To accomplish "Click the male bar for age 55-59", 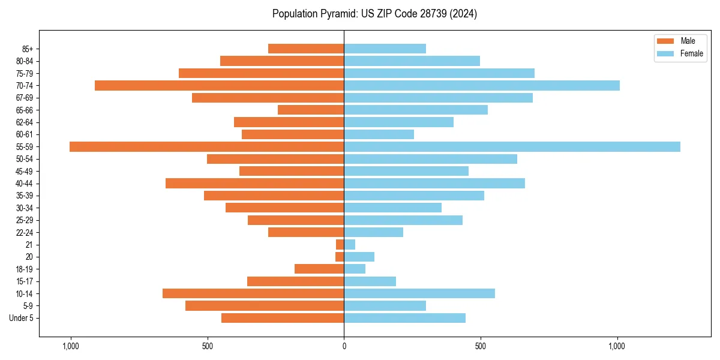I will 206,147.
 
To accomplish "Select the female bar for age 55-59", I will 512,147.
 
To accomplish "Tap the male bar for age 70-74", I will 219,86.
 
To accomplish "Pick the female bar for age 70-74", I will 482,86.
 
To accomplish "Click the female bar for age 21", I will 349,245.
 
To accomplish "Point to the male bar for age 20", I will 340,257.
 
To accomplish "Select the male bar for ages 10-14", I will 253,293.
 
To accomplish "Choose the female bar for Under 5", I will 404,318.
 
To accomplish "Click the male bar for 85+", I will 306,49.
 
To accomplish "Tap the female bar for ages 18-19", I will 355,269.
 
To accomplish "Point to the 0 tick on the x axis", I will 344,346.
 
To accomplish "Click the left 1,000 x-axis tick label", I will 70,346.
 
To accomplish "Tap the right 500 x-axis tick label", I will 480,346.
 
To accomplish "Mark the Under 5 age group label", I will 22,318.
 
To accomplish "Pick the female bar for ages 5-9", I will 385,306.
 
